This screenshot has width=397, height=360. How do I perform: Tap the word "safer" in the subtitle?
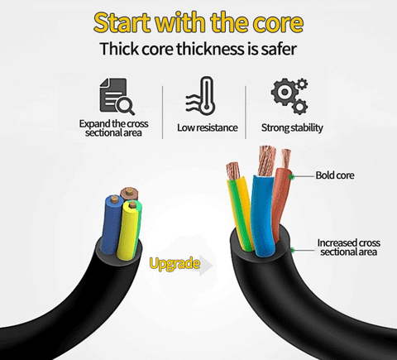coord(279,49)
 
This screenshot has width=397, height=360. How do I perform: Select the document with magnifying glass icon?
coord(117,96)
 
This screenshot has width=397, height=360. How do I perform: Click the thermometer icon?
coord(201,96)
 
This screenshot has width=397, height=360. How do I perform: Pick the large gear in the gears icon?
coord(284,92)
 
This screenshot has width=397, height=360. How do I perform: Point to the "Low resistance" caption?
coord(208,127)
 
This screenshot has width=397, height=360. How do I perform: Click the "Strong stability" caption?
coord(292,128)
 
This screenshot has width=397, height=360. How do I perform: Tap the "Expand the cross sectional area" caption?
coord(113,128)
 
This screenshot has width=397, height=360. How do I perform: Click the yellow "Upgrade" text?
coord(175,264)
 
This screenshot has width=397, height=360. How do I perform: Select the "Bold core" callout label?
coord(335,175)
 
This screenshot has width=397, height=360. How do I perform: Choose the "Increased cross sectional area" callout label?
coord(349,247)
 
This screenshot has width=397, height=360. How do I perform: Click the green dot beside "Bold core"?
coord(292,176)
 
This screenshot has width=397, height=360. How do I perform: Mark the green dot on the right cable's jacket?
coord(293,250)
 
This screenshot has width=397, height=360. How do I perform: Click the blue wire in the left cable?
coord(111,223)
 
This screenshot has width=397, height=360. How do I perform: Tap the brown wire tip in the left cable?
coord(129,191)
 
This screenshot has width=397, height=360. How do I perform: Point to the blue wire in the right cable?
coord(263,215)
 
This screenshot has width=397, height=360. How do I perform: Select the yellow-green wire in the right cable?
coord(241,214)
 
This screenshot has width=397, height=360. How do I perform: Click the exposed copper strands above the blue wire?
coord(267,161)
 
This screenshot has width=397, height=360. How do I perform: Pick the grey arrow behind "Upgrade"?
coord(205,266)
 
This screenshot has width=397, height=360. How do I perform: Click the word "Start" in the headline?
coord(123,23)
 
